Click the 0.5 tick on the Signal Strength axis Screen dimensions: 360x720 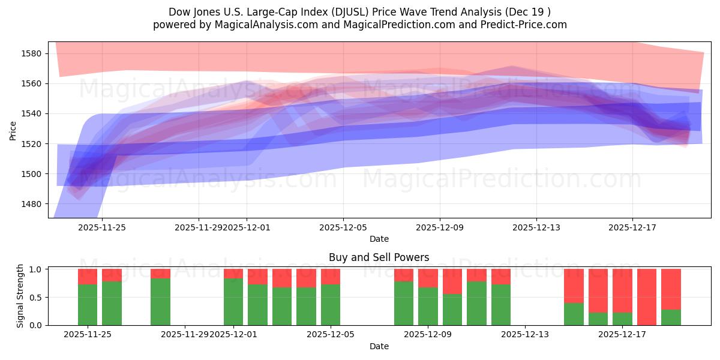36,297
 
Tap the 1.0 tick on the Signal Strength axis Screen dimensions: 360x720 36,269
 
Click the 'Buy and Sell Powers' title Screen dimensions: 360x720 379,257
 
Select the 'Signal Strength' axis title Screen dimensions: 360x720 20,296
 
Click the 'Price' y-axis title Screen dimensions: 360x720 13,130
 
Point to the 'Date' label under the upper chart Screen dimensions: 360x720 379,239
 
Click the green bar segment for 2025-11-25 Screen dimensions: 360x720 88,305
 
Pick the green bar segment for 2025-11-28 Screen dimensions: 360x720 160,302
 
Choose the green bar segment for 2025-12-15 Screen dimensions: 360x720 574,314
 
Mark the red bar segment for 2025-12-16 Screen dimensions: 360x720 598,290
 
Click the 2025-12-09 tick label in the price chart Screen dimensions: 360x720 440,227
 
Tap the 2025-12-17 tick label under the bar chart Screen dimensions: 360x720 622,334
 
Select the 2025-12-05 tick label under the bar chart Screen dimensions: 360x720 331,334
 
